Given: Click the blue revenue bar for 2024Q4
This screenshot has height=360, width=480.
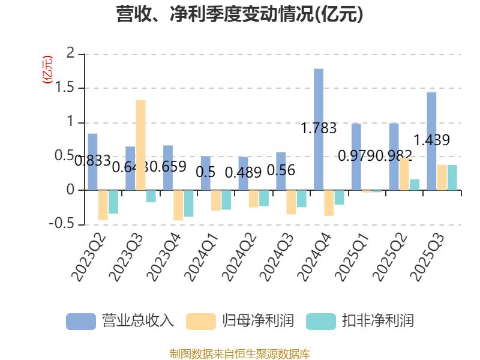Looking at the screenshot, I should [x=319, y=129].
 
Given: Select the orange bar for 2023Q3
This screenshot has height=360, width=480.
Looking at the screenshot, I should [x=140, y=145].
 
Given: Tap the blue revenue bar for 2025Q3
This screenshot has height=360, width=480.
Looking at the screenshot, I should [x=431, y=141].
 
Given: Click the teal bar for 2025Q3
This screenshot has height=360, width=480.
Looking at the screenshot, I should [x=452, y=178].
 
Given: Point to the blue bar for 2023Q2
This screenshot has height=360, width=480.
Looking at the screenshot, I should [x=92, y=161].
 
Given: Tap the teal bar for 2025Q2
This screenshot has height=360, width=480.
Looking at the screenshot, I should [x=415, y=184].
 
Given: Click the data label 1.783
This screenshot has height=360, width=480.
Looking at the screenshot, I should [x=319, y=128].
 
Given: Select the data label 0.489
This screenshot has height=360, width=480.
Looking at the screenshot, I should [x=243, y=173].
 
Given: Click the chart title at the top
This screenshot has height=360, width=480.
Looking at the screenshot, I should [x=240, y=14].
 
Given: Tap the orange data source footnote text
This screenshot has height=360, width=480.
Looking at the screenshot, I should [x=240, y=353].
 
